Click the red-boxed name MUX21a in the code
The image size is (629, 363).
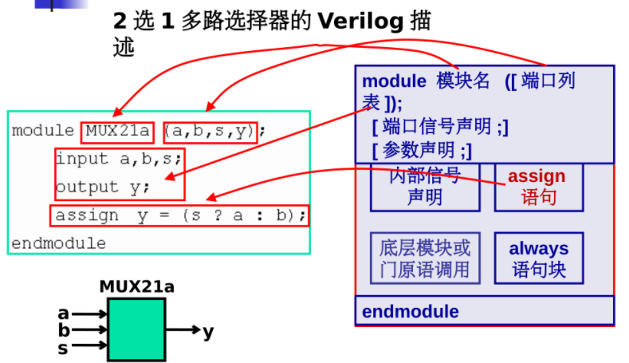(x=116, y=130)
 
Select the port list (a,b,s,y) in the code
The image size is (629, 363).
(x=210, y=130)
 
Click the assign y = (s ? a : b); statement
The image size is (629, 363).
(x=179, y=215)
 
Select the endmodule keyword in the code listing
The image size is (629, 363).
(x=58, y=243)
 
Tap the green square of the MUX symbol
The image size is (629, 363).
(x=136, y=329)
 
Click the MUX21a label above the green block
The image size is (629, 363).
(x=136, y=286)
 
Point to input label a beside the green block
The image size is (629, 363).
(x=63, y=314)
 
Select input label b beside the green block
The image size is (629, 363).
(x=63, y=330)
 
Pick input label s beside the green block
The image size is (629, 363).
(x=63, y=348)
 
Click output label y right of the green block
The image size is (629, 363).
(x=208, y=330)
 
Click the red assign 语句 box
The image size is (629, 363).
(x=538, y=186)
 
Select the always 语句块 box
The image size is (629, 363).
(x=538, y=258)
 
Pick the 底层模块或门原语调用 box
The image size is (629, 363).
(x=425, y=258)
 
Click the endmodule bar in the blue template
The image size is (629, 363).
(x=484, y=310)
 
